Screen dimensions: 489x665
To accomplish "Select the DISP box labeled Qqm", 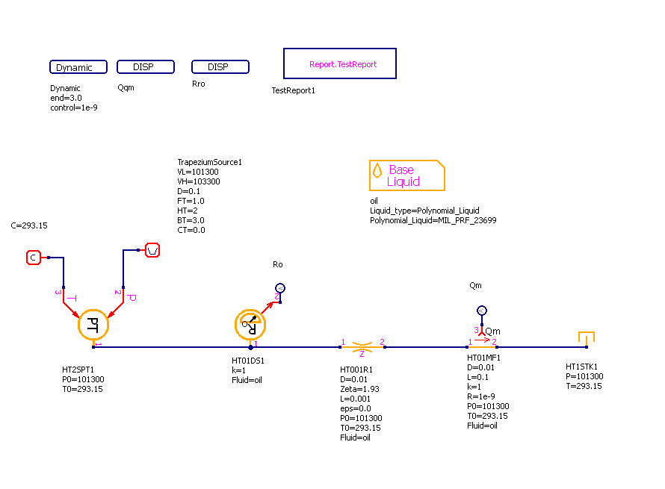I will pyautogui.click(x=146, y=67).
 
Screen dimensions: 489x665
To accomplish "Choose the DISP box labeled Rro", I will pyautogui.click(x=220, y=67).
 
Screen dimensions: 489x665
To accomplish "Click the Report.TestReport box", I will pyautogui.click(x=340, y=64).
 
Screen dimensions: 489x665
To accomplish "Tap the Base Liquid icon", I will pyautogui.click(x=406, y=175).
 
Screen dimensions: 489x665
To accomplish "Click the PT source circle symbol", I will pyautogui.click(x=94, y=324).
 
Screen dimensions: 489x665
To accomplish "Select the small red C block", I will pyautogui.click(x=33, y=258).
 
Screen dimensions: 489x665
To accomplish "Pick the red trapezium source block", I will pyautogui.click(x=152, y=249).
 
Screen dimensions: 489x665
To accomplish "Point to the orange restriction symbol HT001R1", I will pyautogui.click(x=362, y=346).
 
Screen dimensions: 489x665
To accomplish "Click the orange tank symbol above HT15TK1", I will pyautogui.click(x=586, y=338).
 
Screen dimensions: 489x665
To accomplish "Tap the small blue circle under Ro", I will pyautogui.click(x=279, y=288).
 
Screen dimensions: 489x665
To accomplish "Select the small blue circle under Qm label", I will pyautogui.click(x=482, y=311).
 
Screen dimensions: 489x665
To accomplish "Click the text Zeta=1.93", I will pyautogui.click(x=360, y=389).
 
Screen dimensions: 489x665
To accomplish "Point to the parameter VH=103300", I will pyautogui.click(x=198, y=181).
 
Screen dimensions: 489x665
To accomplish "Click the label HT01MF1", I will pyautogui.click(x=483, y=358).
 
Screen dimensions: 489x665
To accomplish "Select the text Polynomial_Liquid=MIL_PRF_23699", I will pyautogui.click(x=433, y=220).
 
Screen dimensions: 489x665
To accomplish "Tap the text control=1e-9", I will pyautogui.click(x=74, y=108).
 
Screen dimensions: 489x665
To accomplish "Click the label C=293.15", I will pyautogui.click(x=30, y=225).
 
